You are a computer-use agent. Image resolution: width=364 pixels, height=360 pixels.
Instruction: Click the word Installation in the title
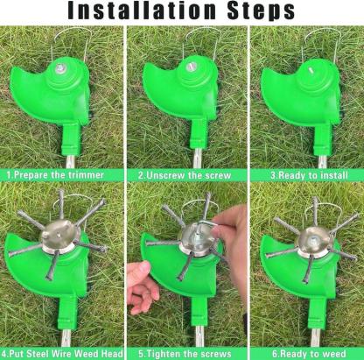(140, 12)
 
